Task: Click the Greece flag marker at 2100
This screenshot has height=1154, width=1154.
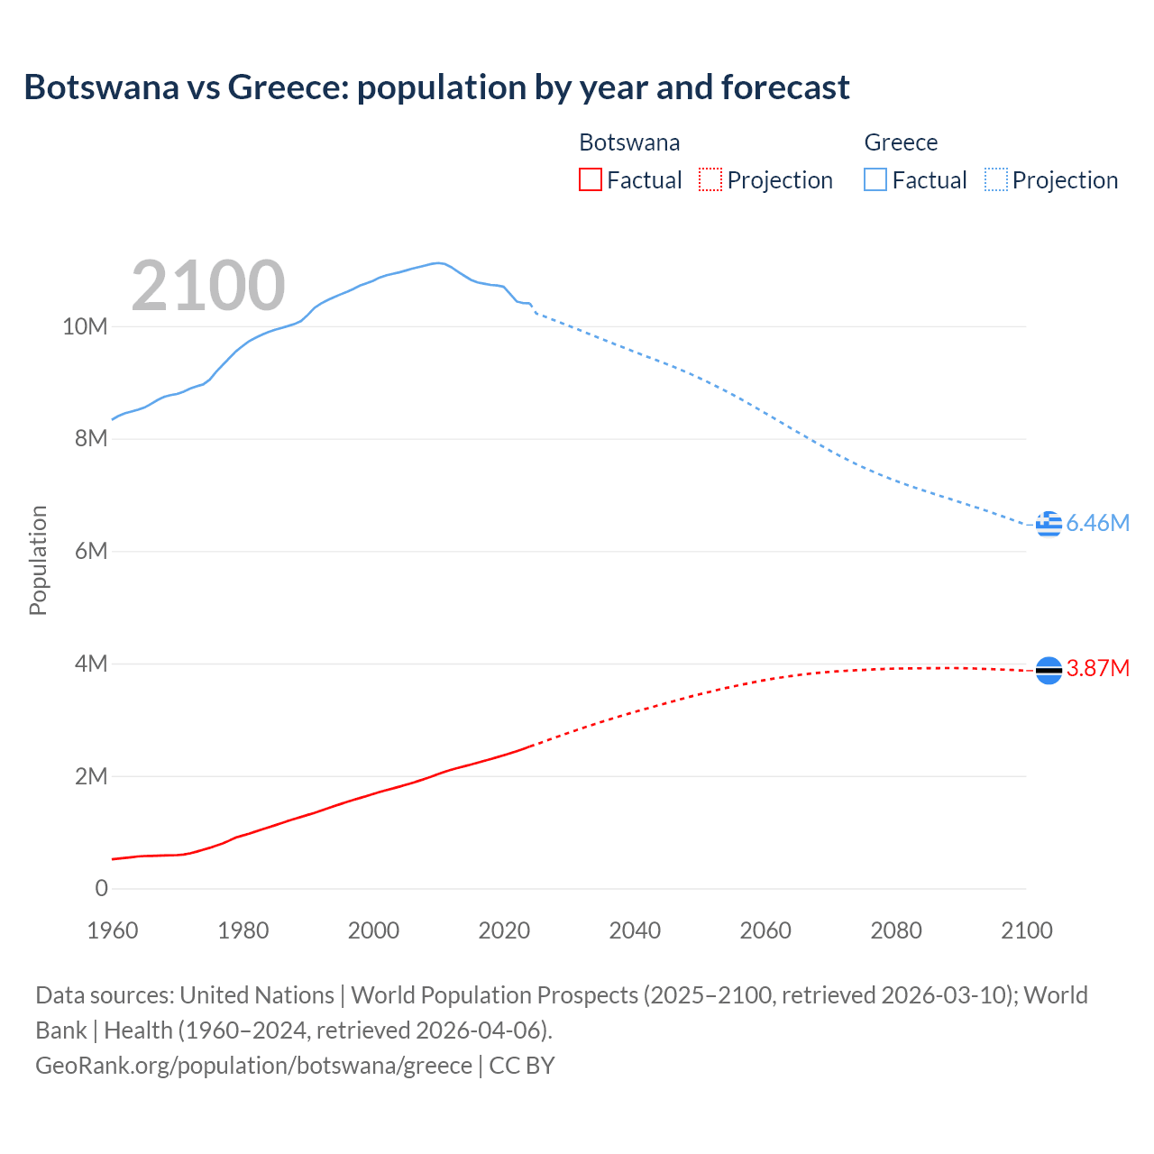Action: (x=1049, y=524)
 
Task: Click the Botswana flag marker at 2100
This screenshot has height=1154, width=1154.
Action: (x=1049, y=670)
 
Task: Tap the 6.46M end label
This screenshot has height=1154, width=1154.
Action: (x=1097, y=524)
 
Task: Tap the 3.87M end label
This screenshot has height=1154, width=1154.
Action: (x=1097, y=668)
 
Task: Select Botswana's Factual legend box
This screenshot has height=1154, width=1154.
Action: (x=590, y=179)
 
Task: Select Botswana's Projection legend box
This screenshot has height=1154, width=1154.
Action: (x=710, y=179)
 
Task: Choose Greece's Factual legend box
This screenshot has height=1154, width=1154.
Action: (x=875, y=179)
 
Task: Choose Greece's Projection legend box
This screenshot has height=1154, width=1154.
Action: (x=995, y=179)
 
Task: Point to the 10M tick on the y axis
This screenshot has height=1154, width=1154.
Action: (x=85, y=326)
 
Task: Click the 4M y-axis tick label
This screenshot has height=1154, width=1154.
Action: (x=91, y=664)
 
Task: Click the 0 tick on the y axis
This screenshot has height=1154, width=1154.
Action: (x=101, y=888)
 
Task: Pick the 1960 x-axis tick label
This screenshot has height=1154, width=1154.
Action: (x=113, y=930)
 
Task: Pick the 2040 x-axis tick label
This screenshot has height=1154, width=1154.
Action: (x=635, y=930)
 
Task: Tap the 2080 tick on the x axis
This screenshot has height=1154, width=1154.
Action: (x=896, y=930)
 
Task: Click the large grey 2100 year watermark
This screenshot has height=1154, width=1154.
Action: (x=208, y=286)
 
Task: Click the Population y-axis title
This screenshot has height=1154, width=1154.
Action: (x=38, y=560)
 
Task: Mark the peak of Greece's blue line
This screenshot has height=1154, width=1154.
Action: (x=437, y=263)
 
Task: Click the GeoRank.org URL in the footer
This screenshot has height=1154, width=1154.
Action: (x=253, y=1065)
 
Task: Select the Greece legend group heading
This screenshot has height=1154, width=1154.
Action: (x=901, y=142)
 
